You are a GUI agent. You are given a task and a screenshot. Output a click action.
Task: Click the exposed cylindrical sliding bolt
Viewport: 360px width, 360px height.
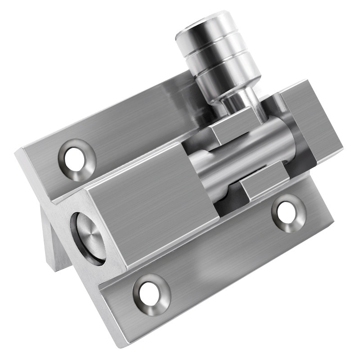tap(243, 157)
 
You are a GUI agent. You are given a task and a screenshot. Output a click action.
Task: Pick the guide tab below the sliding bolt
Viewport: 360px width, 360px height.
tap(263, 182)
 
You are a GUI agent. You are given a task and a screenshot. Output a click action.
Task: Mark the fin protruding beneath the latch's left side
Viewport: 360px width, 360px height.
tap(54, 243)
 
